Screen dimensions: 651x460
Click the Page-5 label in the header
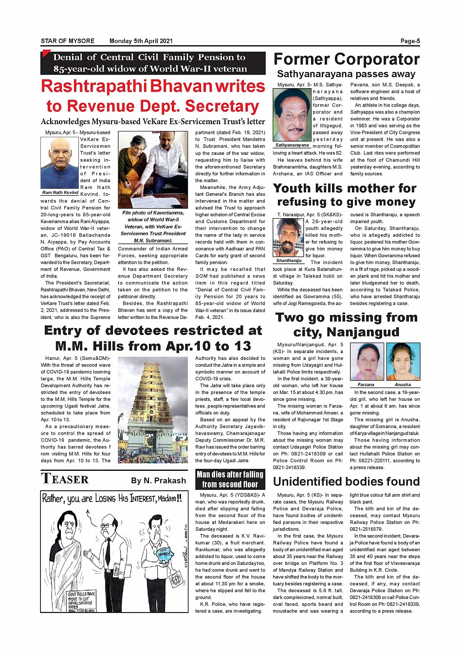(410, 41)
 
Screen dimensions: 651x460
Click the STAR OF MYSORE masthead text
(68, 41)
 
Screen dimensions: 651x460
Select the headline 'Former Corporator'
(346, 59)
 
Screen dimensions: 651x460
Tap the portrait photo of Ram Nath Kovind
(60, 163)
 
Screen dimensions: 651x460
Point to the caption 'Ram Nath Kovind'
(60, 193)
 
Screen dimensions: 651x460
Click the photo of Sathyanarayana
(292, 115)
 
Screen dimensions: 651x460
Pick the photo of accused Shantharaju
(289, 238)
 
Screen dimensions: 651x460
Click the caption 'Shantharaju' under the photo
(289, 260)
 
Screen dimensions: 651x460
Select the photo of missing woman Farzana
(366, 362)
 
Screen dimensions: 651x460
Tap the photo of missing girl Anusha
(403, 362)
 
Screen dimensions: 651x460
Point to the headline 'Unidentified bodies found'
(346, 482)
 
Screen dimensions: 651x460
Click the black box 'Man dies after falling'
(230, 479)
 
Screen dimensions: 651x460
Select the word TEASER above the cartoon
(65, 479)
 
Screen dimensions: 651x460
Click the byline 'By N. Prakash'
(159, 481)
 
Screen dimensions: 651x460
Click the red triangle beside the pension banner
(46, 54)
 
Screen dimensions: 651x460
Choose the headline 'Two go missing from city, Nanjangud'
(346, 325)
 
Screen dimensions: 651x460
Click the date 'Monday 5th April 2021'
(141, 41)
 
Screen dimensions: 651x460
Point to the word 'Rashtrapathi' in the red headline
(94, 86)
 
